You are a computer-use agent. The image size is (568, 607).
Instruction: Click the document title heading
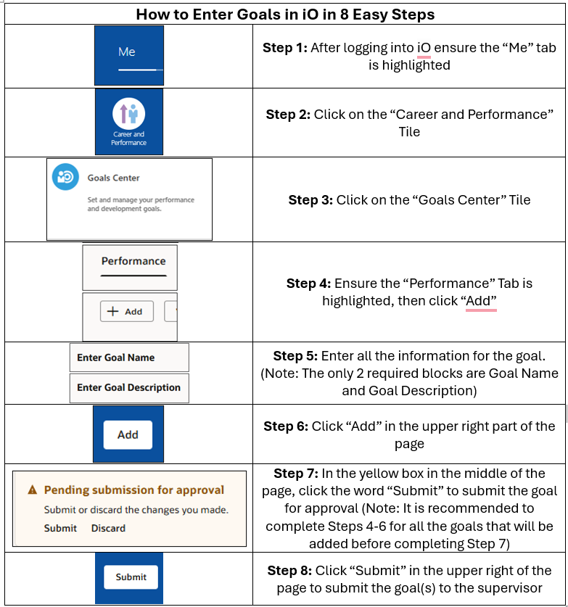tap(284, 14)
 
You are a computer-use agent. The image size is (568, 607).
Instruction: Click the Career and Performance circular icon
tap(128, 114)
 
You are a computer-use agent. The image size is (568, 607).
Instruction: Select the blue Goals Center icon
tap(65, 177)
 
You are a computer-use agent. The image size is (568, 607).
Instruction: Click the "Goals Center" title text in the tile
tap(113, 178)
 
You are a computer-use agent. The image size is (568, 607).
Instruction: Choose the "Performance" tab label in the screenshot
tap(133, 261)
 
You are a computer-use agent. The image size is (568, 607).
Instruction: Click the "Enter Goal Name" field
tap(129, 358)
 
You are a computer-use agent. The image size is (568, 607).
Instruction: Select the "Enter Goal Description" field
tap(129, 387)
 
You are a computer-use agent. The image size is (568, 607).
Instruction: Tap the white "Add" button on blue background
tap(128, 434)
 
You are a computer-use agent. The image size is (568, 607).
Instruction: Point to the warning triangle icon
tap(32, 490)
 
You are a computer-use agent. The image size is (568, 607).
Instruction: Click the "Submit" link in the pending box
tap(60, 528)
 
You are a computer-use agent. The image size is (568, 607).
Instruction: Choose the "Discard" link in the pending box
tap(108, 528)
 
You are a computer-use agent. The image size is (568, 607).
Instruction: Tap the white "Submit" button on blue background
tap(131, 577)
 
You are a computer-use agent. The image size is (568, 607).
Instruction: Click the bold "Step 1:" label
tap(284, 48)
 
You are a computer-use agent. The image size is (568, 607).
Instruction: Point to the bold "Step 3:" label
tap(310, 200)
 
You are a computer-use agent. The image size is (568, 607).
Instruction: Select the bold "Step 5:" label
tap(295, 356)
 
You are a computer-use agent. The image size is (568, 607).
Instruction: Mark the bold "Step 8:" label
tap(289, 571)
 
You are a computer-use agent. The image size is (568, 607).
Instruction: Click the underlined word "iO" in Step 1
tap(424, 48)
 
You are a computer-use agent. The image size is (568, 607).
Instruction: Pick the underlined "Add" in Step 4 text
tap(481, 301)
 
